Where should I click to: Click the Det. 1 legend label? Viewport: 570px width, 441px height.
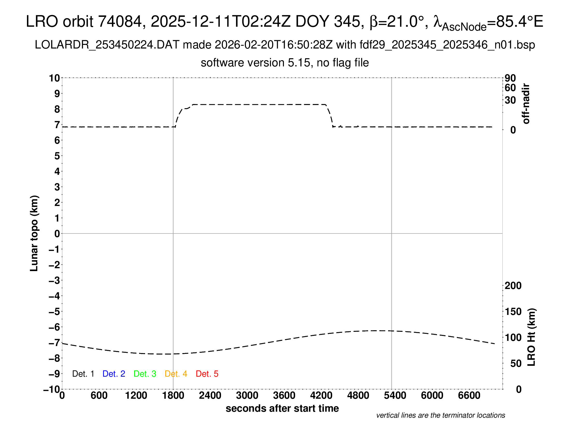point(83,374)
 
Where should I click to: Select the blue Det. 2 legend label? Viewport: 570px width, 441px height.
point(114,374)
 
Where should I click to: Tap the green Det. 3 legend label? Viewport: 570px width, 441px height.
point(145,374)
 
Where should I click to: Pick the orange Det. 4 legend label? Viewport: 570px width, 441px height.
point(176,374)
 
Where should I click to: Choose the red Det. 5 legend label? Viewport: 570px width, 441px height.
point(207,374)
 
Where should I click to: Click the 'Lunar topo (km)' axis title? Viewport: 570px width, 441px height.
point(34,233)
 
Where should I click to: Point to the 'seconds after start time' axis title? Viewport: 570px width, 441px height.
point(282,408)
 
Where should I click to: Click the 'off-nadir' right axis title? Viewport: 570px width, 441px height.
point(526,104)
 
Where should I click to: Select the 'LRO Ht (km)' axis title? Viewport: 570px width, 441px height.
point(531,337)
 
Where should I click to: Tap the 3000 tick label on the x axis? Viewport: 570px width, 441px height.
point(247,396)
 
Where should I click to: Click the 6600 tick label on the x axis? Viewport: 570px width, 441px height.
point(469,396)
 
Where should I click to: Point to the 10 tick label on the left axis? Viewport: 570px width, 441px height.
point(55,78)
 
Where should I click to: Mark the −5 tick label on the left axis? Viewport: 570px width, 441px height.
point(54,312)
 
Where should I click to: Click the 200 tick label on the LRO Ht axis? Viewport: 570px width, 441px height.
point(513,286)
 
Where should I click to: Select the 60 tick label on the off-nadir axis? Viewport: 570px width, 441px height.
point(510,88)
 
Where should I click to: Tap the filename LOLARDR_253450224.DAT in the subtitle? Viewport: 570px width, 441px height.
point(107,45)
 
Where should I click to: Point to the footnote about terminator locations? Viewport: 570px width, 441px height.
point(440,415)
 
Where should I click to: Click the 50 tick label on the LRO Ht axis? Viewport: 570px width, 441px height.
point(516,364)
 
